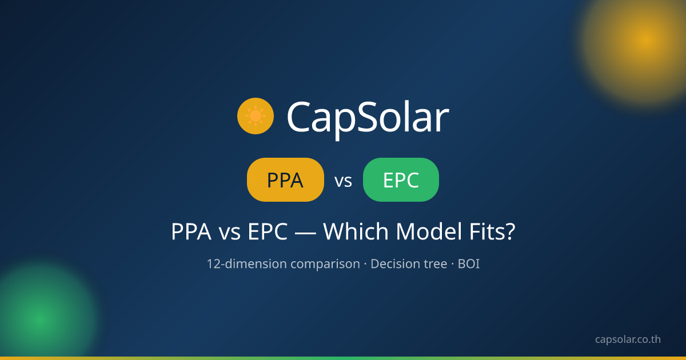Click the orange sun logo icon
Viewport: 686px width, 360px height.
coord(256,116)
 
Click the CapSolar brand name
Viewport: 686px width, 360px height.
coord(368,119)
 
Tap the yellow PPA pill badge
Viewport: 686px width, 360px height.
coord(285,179)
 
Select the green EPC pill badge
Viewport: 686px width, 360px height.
coord(401,179)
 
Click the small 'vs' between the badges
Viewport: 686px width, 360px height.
coord(344,181)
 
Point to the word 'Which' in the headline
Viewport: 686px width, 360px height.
coord(356,231)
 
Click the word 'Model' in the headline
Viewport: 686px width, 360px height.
coord(429,231)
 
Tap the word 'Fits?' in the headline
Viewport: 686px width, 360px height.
coord(492,231)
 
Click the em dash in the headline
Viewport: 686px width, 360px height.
coord(305,233)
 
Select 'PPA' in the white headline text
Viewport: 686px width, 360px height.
coord(191,231)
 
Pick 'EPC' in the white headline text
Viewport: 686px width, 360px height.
coord(268,231)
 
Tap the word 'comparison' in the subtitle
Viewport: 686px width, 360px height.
coord(325,265)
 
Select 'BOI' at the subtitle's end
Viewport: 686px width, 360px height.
coord(469,264)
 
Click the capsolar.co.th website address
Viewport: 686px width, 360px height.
coord(628,339)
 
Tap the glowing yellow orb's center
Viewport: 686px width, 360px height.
coord(646,40)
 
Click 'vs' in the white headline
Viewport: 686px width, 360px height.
coord(229,234)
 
